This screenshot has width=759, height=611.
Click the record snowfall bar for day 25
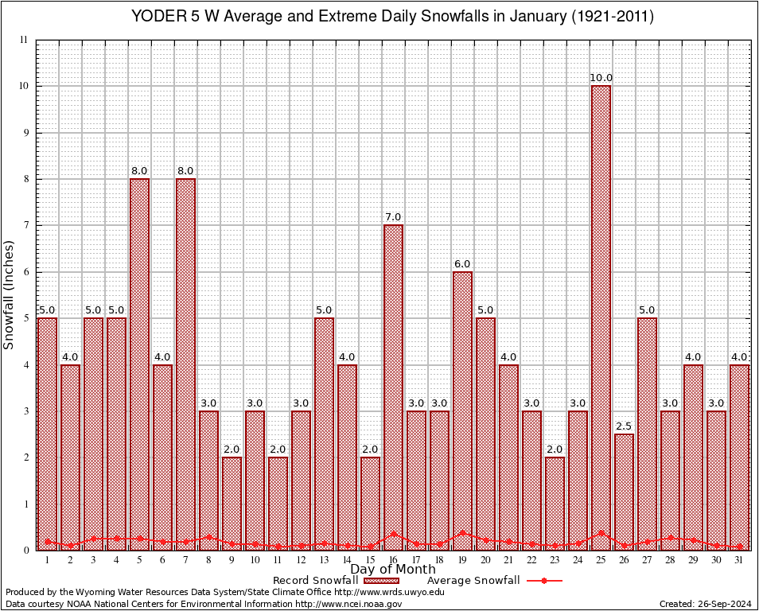[x=601, y=318]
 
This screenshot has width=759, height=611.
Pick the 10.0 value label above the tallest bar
[x=601, y=78]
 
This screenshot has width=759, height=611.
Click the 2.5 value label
[x=625, y=426]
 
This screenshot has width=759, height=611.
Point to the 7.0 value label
[x=393, y=217]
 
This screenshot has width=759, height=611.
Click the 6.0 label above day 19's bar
[x=462, y=264]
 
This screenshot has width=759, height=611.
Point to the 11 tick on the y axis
[x=24, y=40]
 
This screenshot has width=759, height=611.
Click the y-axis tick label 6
[x=25, y=272]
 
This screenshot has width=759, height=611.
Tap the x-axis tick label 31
[x=740, y=560]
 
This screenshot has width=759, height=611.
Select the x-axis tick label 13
[x=324, y=560]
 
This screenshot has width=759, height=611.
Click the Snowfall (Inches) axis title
[x=9, y=294]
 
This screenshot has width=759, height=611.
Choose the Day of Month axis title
[x=393, y=570]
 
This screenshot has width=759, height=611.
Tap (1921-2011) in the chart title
[x=612, y=17]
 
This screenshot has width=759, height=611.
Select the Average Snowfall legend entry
[x=473, y=581]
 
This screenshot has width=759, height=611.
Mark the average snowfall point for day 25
[x=601, y=532]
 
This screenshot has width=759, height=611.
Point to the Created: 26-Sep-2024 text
[x=705, y=605]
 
